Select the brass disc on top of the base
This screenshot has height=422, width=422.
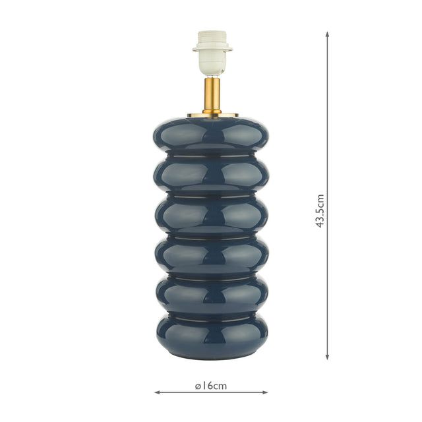[212, 115]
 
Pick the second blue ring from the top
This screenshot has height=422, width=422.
[212, 175]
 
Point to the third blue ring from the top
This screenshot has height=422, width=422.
[212, 214]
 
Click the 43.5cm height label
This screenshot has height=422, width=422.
[320, 211]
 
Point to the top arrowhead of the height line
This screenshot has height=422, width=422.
[327, 34]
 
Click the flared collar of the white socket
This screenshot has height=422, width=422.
[212, 47]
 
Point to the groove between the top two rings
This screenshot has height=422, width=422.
[212, 156]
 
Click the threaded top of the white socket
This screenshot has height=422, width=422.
[212, 37]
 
